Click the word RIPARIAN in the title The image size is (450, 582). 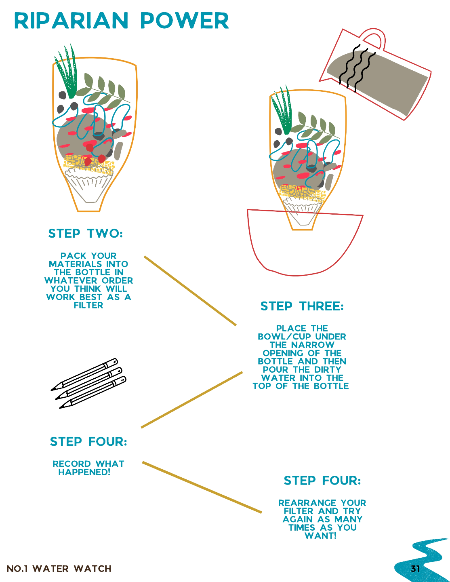pyautogui.click(x=71, y=21)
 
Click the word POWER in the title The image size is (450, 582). pyautogui.click(x=185, y=21)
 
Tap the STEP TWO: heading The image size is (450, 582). pyautogui.click(x=85, y=233)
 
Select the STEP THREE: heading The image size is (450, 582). pyautogui.click(x=302, y=306)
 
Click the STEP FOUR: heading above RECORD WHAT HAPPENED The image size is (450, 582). pyautogui.click(x=88, y=441)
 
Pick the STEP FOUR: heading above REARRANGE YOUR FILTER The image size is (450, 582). pyautogui.click(x=322, y=481)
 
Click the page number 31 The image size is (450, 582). pyautogui.click(x=415, y=569)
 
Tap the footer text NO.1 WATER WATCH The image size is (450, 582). pyautogui.click(x=59, y=569)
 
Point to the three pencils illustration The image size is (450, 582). pyautogui.click(x=88, y=383)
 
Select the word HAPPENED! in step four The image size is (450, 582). pyautogui.click(x=84, y=472)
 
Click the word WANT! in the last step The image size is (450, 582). pyautogui.click(x=320, y=536)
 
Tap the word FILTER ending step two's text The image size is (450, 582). pyautogui.click(x=88, y=305)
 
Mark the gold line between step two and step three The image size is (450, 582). pyautogui.click(x=190, y=291)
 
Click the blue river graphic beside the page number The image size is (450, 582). pyautogui.click(x=423, y=560)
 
